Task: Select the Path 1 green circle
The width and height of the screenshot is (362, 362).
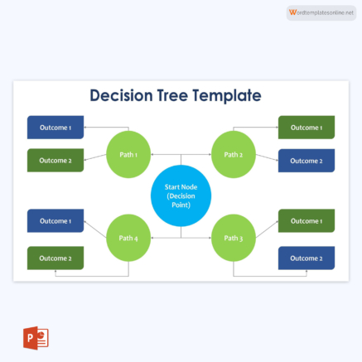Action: click(x=128, y=154)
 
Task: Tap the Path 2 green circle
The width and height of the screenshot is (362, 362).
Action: click(x=234, y=154)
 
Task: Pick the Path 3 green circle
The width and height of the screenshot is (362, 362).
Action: click(x=234, y=238)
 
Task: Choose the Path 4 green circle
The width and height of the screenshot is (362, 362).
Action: click(x=128, y=238)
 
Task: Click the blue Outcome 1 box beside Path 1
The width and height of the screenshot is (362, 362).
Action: click(x=56, y=128)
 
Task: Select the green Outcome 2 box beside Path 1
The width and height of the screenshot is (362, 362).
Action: click(x=56, y=160)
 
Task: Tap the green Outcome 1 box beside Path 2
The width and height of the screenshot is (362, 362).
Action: click(x=306, y=128)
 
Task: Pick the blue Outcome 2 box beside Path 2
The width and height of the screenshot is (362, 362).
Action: click(x=306, y=160)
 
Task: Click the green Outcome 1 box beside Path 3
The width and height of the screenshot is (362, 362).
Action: click(x=306, y=221)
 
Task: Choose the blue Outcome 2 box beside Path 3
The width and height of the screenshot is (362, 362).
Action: click(x=306, y=258)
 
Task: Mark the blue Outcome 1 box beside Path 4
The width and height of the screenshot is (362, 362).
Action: click(x=56, y=221)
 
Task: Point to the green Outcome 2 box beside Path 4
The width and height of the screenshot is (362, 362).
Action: click(x=56, y=258)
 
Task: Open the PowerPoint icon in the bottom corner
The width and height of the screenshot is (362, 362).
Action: click(x=36, y=339)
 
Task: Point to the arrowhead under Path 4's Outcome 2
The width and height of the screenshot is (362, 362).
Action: click(x=56, y=272)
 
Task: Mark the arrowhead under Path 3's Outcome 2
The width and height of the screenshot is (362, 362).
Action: click(x=306, y=272)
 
